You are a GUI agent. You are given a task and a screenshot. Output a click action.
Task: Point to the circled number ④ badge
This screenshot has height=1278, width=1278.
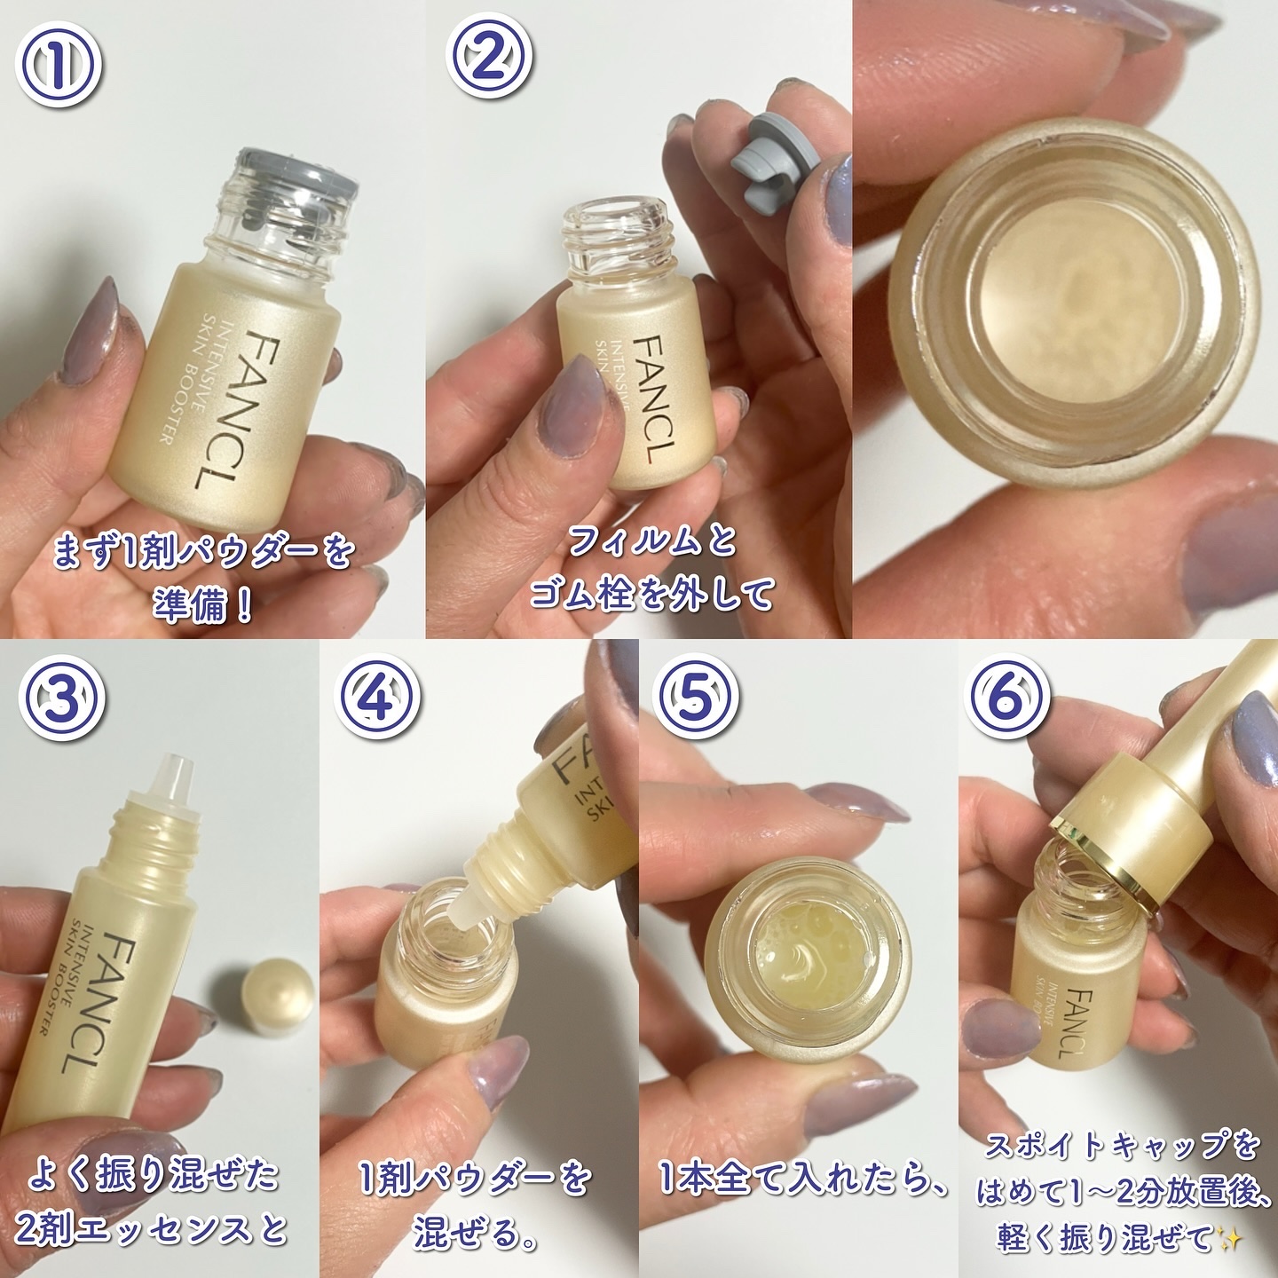tap(378, 701)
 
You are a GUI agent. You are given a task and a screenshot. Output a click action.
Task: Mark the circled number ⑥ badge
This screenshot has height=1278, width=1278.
tap(1008, 701)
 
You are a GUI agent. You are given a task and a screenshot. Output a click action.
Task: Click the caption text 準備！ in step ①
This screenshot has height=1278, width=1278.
tap(201, 605)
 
